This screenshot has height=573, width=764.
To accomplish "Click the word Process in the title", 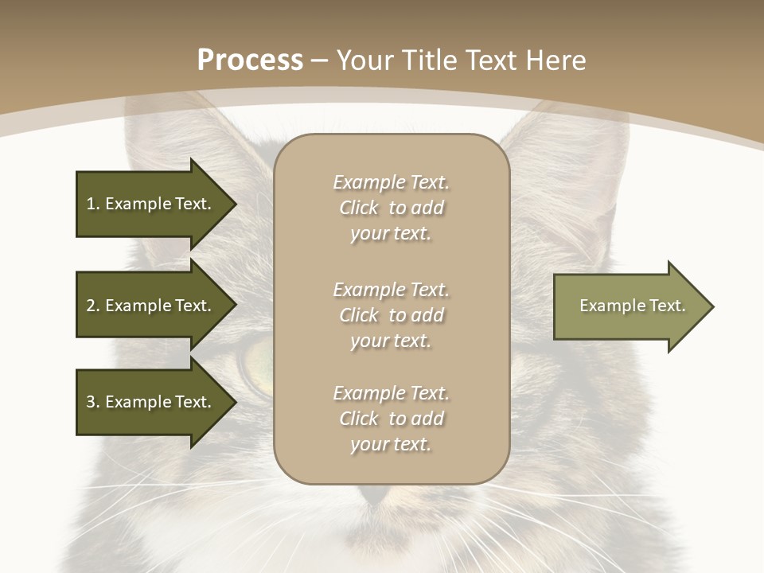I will (x=250, y=60).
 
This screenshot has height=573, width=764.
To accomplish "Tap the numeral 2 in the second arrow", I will (x=91, y=306).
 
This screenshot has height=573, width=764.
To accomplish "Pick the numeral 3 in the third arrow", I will (x=91, y=402).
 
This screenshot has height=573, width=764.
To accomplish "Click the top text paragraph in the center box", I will (x=391, y=208).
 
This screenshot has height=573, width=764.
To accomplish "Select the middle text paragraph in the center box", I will (x=391, y=315).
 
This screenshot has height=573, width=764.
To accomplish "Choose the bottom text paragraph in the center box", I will (x=391, y=419).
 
